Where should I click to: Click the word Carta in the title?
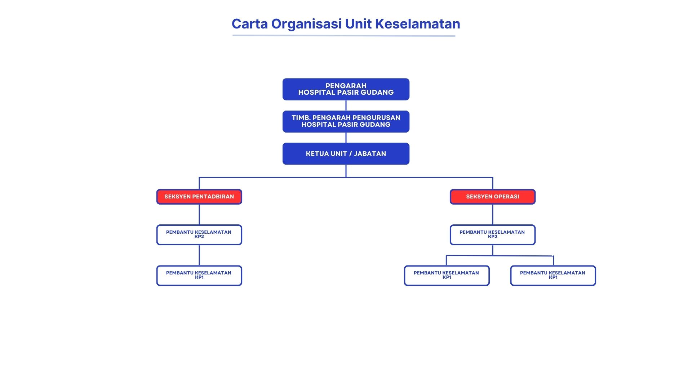point(249,24)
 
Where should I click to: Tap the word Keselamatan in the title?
point(417,24)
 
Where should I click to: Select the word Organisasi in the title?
point(306,24)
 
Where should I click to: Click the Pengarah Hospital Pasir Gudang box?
point(346,89)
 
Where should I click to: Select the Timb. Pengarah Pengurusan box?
point(346,121)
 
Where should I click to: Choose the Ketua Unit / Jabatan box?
point(346,154)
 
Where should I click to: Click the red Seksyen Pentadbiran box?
point(199,197)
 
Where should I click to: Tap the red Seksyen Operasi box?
point(492,197)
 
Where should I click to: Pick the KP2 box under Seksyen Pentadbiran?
point(199,234)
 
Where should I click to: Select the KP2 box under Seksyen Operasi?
point(492,234)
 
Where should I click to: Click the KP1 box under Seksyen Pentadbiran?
point(199,276)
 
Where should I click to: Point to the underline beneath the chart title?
point(344,35)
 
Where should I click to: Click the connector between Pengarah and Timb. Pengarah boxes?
point(346,105)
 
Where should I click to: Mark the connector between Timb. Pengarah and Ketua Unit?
point(346,138)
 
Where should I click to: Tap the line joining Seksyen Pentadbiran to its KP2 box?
point(199,214)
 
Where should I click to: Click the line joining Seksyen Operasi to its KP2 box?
point(493,214)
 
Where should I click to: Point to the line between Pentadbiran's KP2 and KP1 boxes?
point(199,255)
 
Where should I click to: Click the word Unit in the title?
point(359,24)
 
